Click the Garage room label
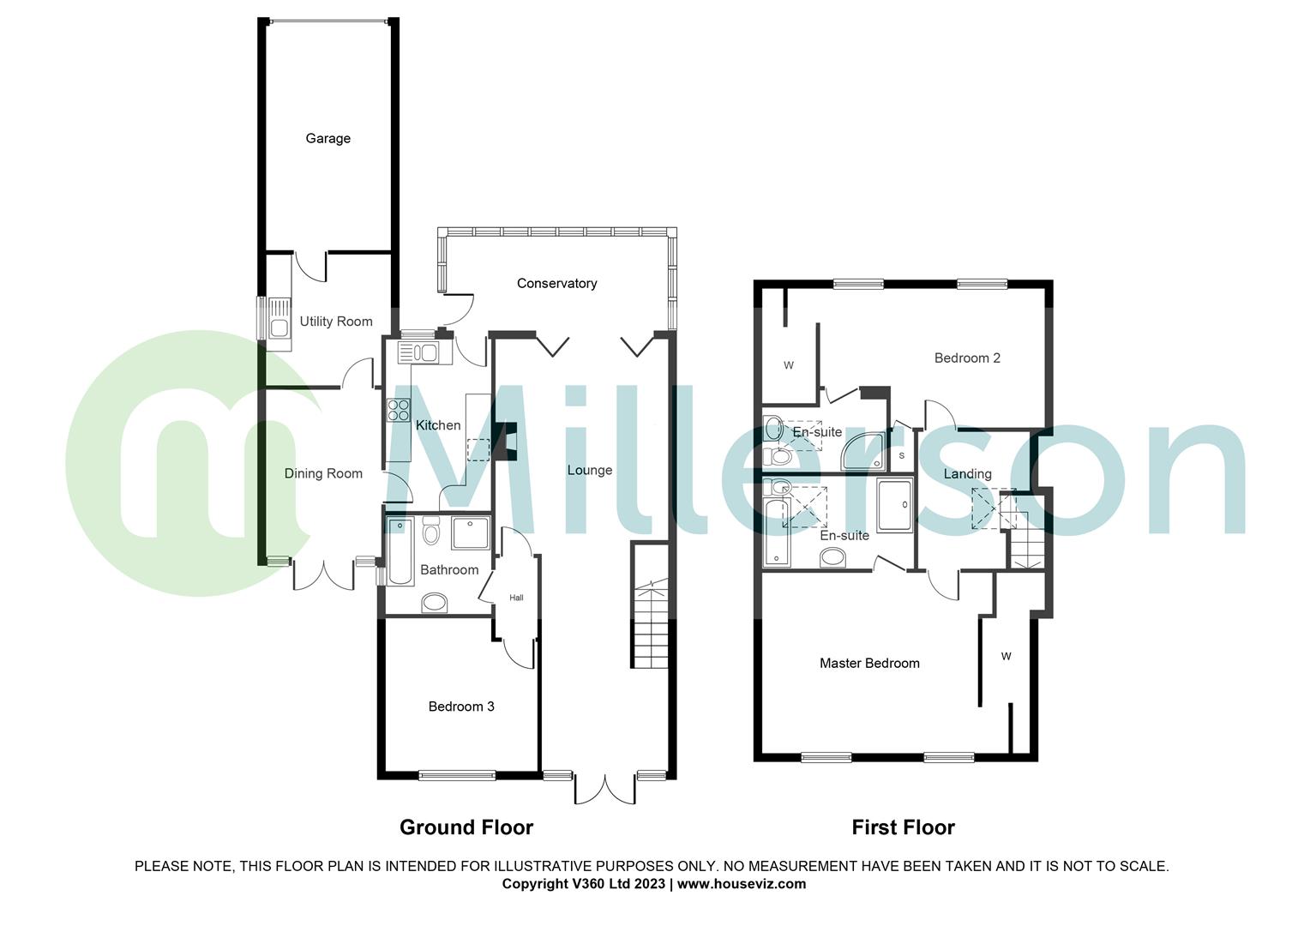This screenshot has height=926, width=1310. coord(327,138)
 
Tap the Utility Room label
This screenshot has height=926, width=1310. coord(336,322)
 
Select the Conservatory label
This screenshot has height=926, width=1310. coord(556,283)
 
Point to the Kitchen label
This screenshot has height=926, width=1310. coord(438,425)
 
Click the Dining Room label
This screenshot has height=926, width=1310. coord(323,473)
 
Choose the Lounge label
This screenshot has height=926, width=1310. coord(590,470)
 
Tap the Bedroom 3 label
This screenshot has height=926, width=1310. coord(461,707)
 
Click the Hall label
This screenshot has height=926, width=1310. coord(516,598)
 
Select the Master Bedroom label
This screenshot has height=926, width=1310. coord(869,663)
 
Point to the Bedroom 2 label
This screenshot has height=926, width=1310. coord(967,358)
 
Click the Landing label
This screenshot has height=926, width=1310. coord(967,474)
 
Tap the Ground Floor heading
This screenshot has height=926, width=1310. coord(466,827)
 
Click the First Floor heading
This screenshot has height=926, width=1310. coord(903,827)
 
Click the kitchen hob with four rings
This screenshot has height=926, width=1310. coord(399,411)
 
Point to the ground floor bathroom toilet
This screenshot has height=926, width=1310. coord(430,532)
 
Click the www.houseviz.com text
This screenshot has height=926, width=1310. coord(742,884)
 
